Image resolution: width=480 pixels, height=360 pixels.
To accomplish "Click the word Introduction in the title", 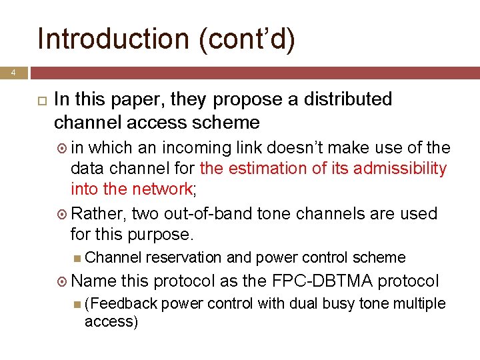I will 113,39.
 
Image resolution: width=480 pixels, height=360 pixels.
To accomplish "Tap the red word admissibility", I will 400,169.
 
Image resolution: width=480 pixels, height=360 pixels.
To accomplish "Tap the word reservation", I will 183,257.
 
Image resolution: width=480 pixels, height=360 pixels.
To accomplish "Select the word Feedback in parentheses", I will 121,304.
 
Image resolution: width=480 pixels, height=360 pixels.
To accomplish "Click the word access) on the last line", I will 111,322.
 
